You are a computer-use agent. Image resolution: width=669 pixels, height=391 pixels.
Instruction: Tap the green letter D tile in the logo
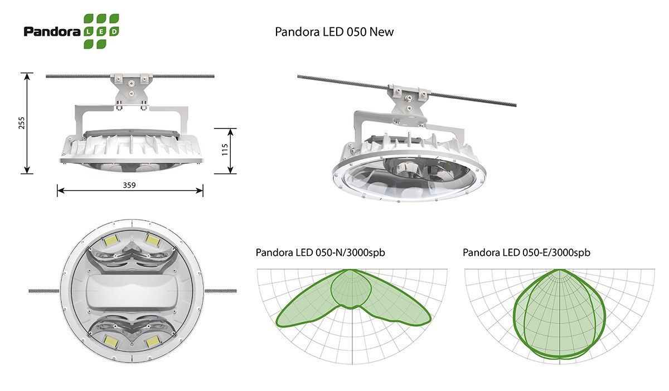[114, 31]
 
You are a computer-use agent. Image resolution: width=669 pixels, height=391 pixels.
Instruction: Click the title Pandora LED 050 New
[334, 32]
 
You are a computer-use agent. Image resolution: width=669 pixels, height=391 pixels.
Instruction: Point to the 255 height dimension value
[22, 123]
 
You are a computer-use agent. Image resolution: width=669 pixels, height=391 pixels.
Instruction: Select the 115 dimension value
[225, 150]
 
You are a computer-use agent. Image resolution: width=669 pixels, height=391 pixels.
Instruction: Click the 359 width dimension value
[129, 185]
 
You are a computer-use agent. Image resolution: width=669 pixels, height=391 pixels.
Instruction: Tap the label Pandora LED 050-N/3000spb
[320, 252]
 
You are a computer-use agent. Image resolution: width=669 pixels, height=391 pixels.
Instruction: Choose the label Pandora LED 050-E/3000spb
[526, 252]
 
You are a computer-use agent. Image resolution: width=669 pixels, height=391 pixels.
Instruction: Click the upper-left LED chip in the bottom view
[110, 241]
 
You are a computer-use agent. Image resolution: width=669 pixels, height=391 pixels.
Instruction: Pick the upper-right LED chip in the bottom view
[153, 239]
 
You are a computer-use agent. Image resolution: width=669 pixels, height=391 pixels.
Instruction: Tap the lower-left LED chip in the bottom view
[110, 341]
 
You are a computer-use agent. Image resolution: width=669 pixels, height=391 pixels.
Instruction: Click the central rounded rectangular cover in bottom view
[132, 291]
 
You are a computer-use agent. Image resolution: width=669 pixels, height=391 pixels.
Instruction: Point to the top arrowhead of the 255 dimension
[27, 77]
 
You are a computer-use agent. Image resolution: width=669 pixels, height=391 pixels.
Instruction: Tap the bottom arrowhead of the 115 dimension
[230, 170]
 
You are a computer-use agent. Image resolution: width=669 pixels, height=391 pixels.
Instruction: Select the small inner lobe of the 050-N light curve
[351, 290]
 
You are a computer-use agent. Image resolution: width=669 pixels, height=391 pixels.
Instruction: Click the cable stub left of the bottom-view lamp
[44, 291]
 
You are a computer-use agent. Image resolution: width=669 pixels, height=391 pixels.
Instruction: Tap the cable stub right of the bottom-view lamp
[220, 291]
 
